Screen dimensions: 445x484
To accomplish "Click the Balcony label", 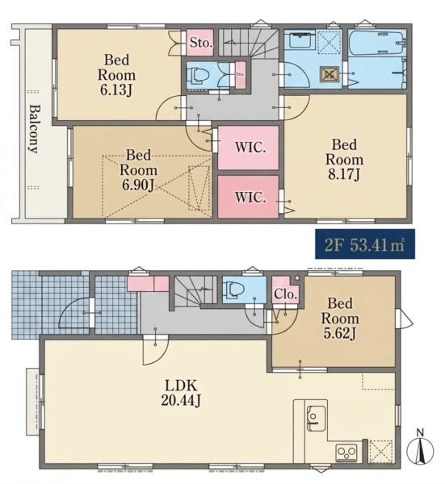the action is click(x=34, y=129).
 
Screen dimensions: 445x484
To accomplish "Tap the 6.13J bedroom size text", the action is click(x=116, y=90).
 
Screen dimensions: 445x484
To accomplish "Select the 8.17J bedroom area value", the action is click(x=344, y=174).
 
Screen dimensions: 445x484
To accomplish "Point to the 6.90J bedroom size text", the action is click(x=138, y=185).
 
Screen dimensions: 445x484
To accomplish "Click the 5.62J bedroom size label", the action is click(x=340, y=333).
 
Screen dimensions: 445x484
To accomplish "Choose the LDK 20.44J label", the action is click(x=181, y=393).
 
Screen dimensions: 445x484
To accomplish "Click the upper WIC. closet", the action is click(x=249, y=148).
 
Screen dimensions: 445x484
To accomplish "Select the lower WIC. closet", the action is click(x=249, y=197).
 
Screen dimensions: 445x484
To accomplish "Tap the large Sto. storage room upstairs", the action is click(x=200, y=42).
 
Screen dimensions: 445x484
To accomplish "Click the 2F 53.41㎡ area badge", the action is click(x=365, y=244).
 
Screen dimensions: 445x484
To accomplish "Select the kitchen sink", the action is click(x=316, y=418).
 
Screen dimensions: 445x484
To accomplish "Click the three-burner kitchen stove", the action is click(x=346, y=453).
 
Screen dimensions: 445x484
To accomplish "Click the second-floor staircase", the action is click(x=249, y=44).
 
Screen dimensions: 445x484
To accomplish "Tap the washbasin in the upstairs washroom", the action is click(x=299, y=39).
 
